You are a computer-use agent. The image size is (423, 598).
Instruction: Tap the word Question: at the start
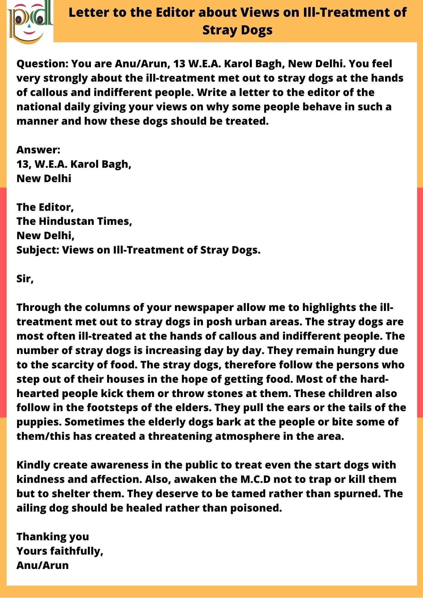42,64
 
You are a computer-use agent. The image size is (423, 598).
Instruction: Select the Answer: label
38,149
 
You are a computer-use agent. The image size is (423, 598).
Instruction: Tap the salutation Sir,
25,279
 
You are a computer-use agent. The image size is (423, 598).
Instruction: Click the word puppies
39,422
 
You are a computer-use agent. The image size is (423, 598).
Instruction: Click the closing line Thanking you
53,537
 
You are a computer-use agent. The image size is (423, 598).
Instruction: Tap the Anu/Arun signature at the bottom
42,565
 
